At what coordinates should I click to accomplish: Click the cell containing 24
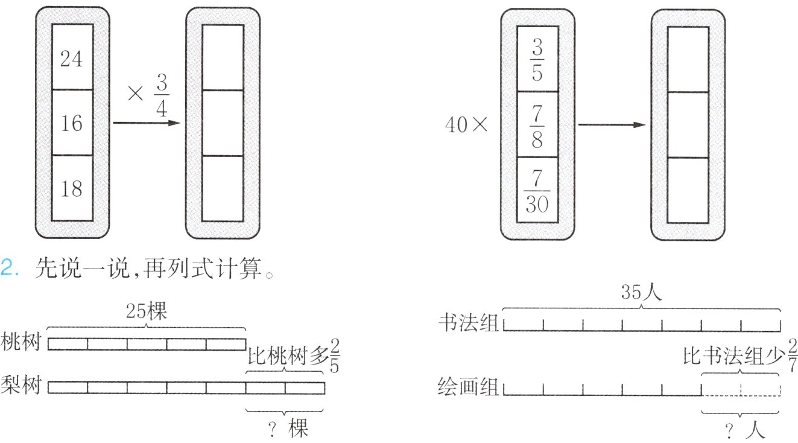click(x=72, y=57)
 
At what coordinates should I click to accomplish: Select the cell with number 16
click(x=72, y=123)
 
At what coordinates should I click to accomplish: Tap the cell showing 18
click(x=72, y=188)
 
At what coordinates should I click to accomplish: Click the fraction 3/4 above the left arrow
click(x=162, y=95)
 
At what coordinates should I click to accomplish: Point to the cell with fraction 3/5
click(x=537, y=59)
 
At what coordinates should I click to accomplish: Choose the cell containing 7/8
click(x=537, y=124)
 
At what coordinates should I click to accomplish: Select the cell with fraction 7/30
click(x=537, y=190)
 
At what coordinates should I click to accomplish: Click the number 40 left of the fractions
click(x=456, y=125)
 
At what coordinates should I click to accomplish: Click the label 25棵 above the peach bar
click(x=146, y=311)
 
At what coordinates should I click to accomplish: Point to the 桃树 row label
click(x=21, y=342)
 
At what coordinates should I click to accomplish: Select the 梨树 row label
click(x=21, y=385)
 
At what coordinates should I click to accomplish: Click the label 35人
click(x=642, y=292)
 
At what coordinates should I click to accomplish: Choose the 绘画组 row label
click(x=468, y=386)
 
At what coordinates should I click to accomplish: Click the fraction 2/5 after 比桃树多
click(x=335, y=355)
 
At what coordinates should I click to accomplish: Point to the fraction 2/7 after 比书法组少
click(x=793, y=355)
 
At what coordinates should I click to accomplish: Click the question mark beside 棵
click(x=273, y=430)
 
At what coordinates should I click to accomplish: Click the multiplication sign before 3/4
click(x=135, y=94)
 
